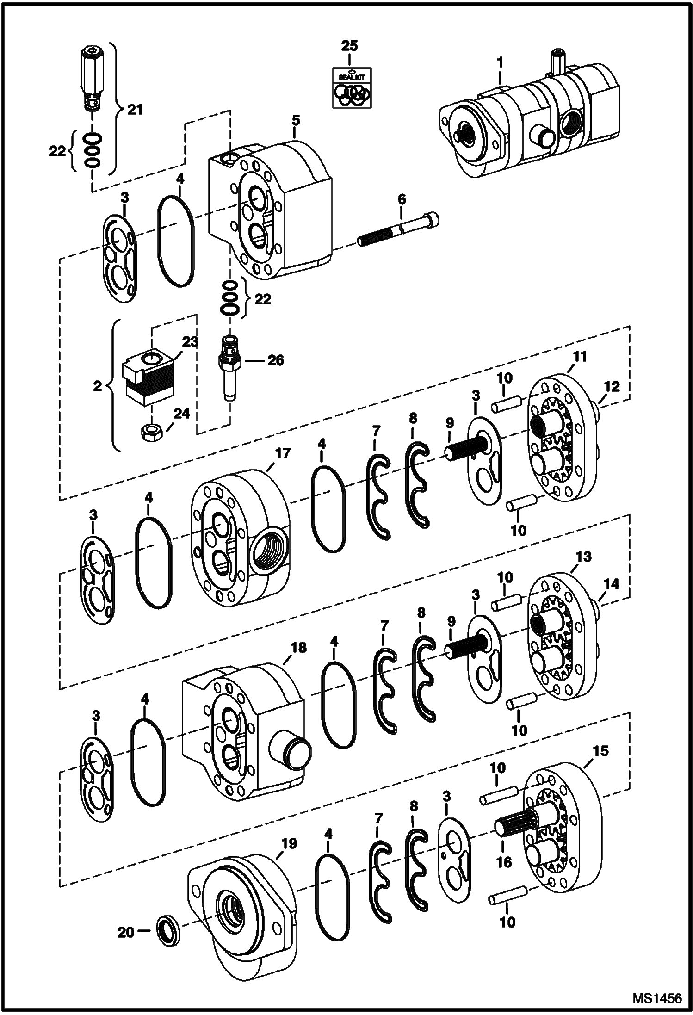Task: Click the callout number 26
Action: (276, 360)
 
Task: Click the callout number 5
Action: (296, 120)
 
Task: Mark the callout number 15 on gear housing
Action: (600, 750)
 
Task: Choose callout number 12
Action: (612, 386)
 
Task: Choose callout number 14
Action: (612, 584)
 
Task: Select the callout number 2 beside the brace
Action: (97, 386)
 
